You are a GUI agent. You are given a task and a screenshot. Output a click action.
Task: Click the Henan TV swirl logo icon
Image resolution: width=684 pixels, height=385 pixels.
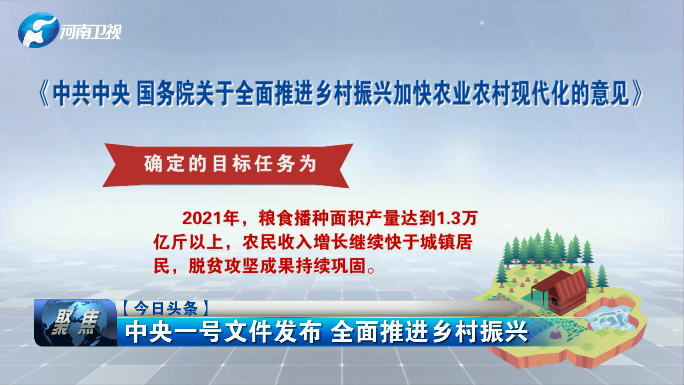38,30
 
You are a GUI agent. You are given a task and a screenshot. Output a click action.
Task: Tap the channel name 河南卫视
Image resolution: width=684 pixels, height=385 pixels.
90,32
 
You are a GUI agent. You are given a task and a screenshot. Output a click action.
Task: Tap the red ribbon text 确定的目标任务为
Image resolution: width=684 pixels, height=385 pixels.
230,164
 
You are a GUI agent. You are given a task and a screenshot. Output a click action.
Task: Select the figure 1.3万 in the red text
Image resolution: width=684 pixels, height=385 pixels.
456,218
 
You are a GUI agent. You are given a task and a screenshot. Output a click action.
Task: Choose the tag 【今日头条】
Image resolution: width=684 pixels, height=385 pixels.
166,308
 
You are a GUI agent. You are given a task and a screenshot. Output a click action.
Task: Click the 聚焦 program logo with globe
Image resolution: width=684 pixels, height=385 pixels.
75,323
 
